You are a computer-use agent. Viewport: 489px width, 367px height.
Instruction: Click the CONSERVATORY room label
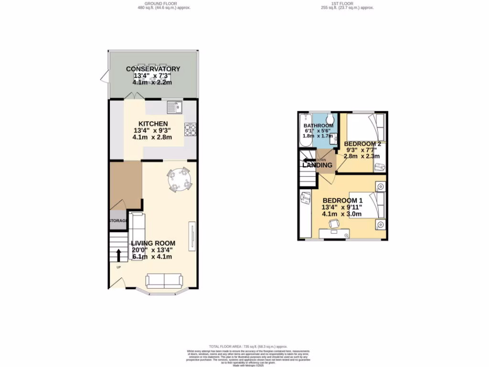point(153,69)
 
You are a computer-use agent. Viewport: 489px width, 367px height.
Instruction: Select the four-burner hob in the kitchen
point(191,130)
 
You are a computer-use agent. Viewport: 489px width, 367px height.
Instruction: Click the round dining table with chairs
point(180,180)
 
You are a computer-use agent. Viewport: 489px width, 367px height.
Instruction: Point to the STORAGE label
point(117,221)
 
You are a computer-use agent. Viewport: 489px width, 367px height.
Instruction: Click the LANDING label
point(317,165)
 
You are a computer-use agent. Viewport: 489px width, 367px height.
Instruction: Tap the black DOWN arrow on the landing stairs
point(308,160)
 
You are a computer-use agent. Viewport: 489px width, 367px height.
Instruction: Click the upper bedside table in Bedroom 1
point(380,186)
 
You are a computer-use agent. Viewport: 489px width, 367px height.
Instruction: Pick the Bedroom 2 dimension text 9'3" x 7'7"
point(362,150)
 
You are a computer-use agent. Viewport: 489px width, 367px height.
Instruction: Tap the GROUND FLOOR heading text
point(151,3)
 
